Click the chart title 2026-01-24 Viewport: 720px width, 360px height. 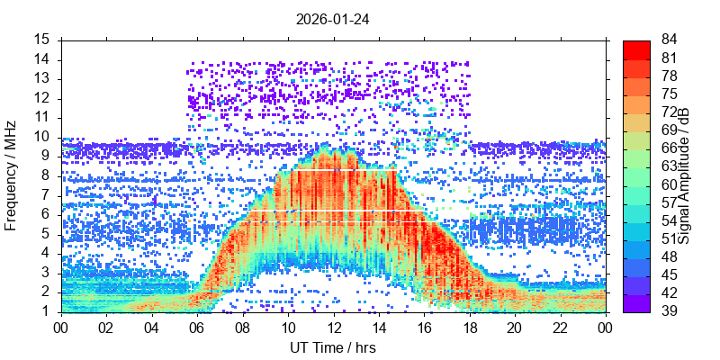click(x=333, y=18)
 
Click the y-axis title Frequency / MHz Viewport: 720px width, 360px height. click(x=12, y=175)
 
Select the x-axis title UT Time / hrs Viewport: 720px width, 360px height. click(x=333, y=347)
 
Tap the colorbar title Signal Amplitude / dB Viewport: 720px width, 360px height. click(x=684, y=175)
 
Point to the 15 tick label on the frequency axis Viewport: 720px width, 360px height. click(x=42, y=40)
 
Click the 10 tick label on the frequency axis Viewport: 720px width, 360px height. click(x=42, y=137)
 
